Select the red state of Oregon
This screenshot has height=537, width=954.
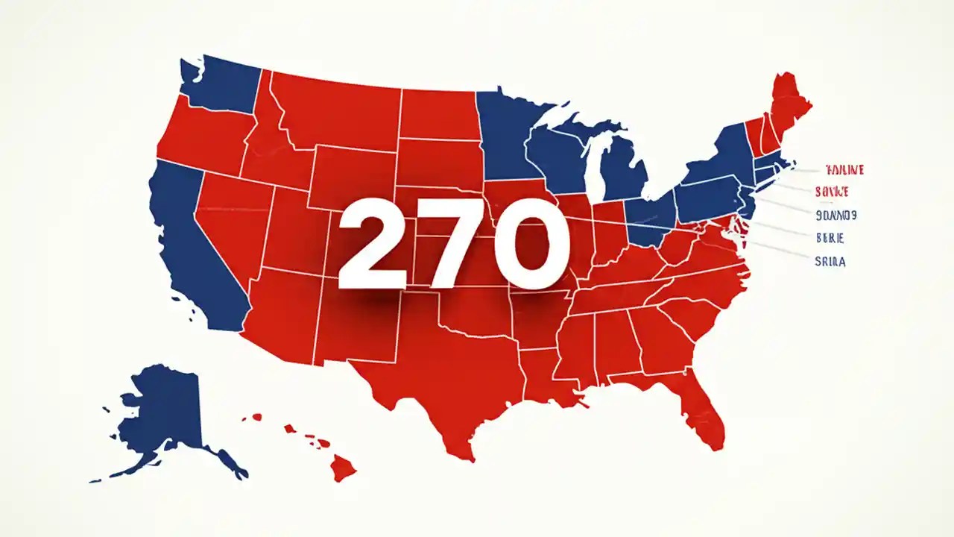(x=205, y=138)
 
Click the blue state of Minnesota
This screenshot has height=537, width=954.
(x=507, y=138)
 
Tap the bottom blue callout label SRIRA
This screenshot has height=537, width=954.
(x=830, y=262)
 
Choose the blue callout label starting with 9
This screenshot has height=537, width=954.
(x=835, y=216)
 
